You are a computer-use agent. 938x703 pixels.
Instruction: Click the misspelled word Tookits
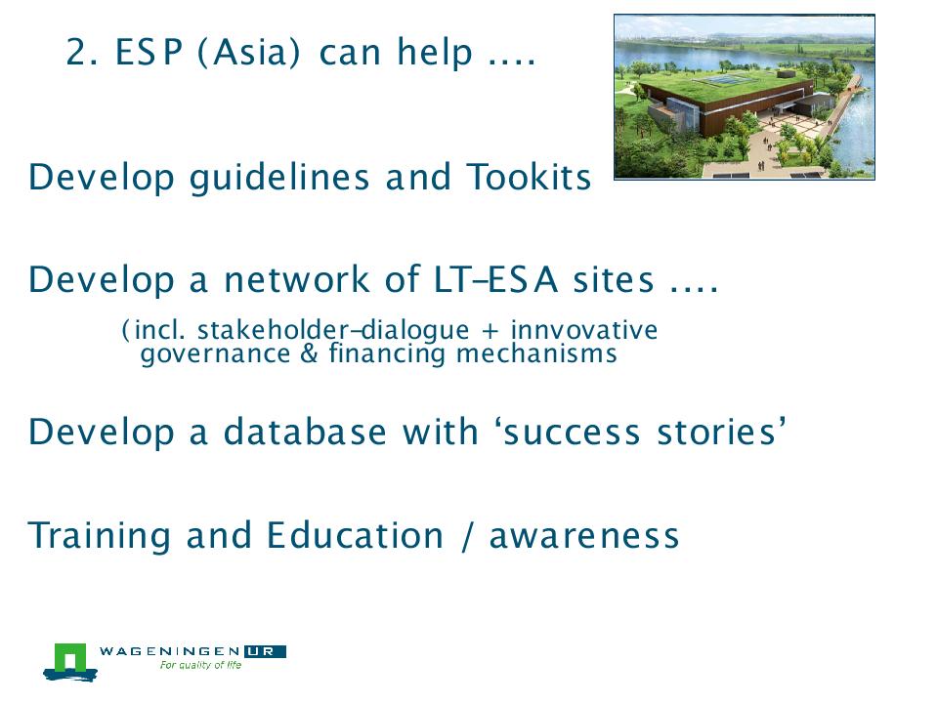pos(530,177)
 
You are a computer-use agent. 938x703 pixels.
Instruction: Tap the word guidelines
pos(279,178)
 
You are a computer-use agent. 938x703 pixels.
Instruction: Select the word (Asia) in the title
pos(248,52)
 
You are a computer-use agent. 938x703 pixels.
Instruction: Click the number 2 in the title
pos(77,52)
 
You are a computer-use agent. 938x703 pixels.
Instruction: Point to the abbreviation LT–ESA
pos(496,279)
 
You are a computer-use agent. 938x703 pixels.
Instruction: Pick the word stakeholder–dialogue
pos(333,330)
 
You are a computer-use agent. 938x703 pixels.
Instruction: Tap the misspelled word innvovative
pos(584,330)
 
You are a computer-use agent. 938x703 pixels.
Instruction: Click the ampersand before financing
pos(310,352)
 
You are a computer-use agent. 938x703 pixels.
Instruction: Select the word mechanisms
pos(536,353)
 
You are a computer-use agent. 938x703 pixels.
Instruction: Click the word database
pos(305,431)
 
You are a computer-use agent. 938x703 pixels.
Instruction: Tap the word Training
pos(100,536)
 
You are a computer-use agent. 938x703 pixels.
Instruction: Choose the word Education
pos(355,534)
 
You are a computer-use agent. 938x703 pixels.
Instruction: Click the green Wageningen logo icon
pos(70,662)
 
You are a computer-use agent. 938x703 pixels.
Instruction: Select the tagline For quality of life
pos(200,665)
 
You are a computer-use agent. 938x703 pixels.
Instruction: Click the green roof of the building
pos(727,84)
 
